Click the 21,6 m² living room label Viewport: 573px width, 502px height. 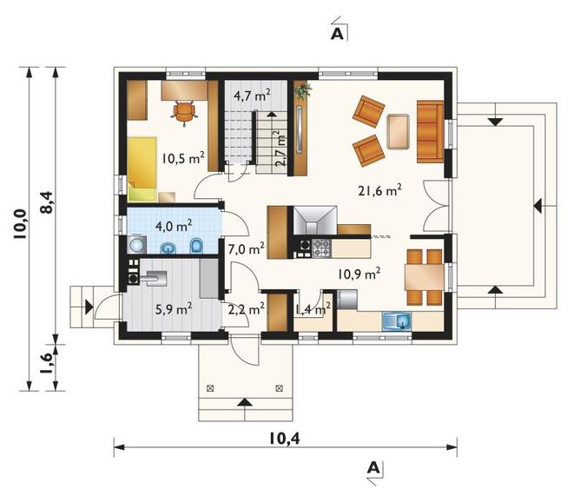pyautogui.click(x=380, y=190)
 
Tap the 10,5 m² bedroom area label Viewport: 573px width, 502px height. pyautogui.click(x=183, y=158)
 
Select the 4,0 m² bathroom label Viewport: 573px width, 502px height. pyautogui.click(x=174, y=226)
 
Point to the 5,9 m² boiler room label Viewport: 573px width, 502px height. pyautogui.click(x=174, y=309)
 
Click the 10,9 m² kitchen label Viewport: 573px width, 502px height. pyautogui.click(x=359, y=274)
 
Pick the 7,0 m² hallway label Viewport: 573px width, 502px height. pyautogui.click(x=247, y=249)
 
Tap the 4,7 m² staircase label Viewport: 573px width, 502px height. pyautogui.click(x=252, y=96)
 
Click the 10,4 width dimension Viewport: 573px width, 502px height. pyautogui.click(x=285, y=439)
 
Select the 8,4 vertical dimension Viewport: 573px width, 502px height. pyautogui.click(x=48, y=202)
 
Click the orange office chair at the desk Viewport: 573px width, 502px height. pyautogui.click(x=184, y=112)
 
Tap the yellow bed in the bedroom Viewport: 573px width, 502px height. pyautogui.click(x=142, y=168)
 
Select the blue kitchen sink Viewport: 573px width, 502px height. pyautogui.click(x=397, y=321)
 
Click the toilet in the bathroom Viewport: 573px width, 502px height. pyautogui.click(x=196, y=246)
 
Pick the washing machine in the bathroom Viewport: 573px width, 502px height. pyautogui.click(x=136, y=244)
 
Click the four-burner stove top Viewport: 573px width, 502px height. pyautogui.click(x=321, y=248)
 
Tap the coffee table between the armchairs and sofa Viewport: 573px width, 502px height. pyautogui.click(x=398, y=132)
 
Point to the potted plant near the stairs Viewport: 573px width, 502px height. pyautogui.click(x=303, y=90)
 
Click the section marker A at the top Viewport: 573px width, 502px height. pyautogui.click(x=338, y=34)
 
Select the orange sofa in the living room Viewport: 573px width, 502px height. pyautogui.click(x=430, y=132)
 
